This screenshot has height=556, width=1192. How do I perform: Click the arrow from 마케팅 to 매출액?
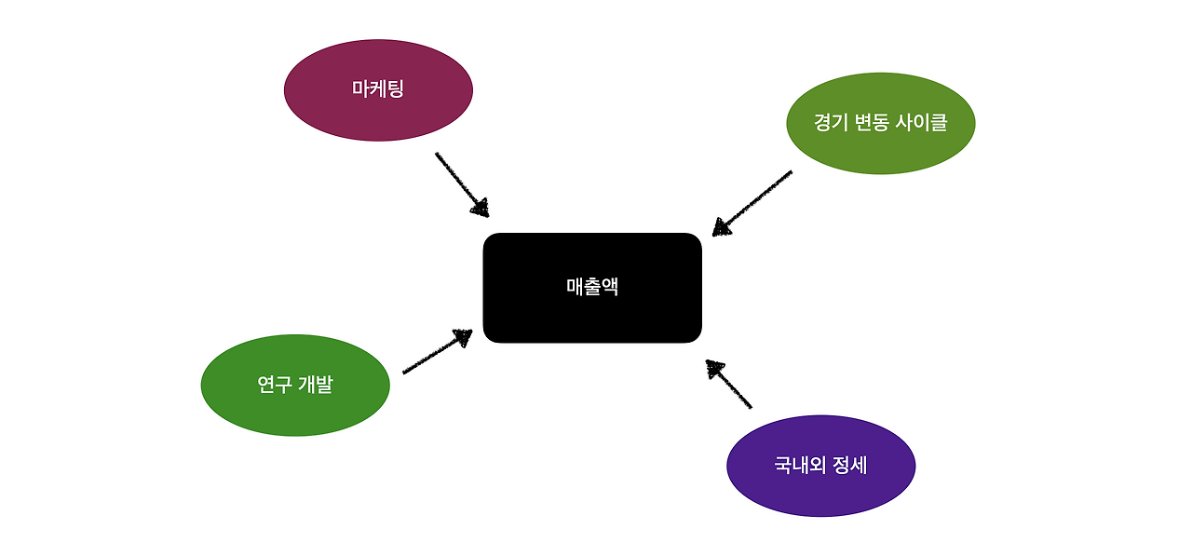pos(460,183)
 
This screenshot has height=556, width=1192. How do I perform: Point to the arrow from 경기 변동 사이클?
pos(752,202)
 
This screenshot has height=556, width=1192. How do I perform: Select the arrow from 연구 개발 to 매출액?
pos(436,353)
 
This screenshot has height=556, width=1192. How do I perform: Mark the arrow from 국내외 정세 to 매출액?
pos(729,385)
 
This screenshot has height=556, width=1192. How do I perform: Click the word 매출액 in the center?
pos(592,287)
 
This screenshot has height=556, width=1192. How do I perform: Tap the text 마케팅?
pos(378,89)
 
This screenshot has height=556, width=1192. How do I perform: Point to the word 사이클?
pos(922,122)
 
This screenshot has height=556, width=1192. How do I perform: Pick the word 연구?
pos(274,385)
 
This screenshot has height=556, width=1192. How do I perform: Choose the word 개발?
pos(316,385)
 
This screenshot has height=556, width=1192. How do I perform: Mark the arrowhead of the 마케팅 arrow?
pos(480,207)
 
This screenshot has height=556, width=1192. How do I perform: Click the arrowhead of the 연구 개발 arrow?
pos(463,337)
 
